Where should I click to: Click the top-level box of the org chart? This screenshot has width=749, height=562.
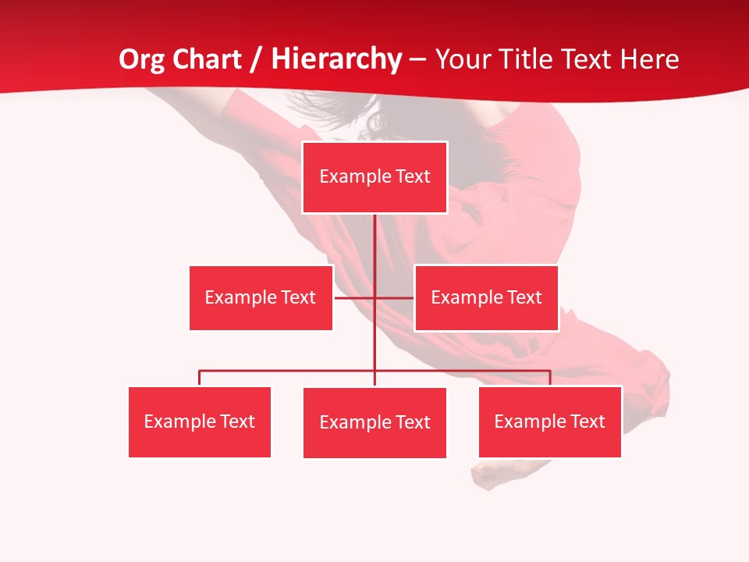[374, 177]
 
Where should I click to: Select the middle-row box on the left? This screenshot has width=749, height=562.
[261, 297]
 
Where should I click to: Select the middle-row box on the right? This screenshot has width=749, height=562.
[486, 297]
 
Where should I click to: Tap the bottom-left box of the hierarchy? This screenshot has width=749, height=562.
[200, 421]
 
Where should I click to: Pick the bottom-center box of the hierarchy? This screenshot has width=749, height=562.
[374, 422]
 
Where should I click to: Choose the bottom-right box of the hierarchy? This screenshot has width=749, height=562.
[550, 421]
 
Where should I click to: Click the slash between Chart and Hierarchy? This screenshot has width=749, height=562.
[256, 59]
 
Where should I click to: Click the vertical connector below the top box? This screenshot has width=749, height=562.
[374, 250]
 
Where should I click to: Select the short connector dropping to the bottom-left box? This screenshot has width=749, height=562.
[200, 379]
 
